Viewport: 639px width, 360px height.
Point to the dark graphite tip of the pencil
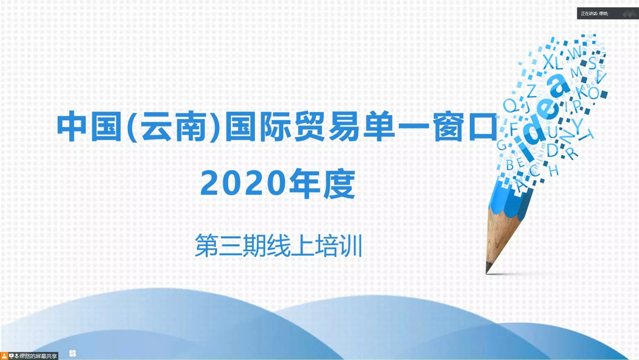489,269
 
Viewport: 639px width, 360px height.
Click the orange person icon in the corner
4,355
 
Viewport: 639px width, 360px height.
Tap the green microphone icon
17,355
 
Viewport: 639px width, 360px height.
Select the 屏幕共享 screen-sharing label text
45,355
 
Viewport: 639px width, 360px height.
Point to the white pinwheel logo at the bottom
73,353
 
